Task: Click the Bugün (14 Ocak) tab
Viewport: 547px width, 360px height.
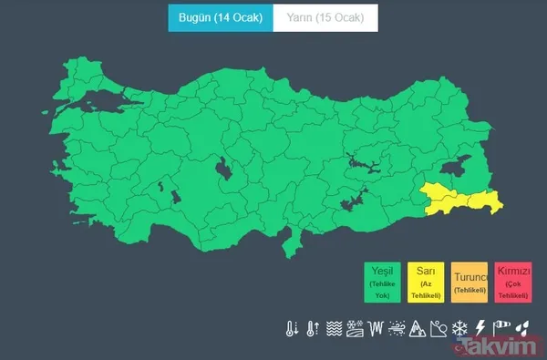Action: click(x=214, y=18)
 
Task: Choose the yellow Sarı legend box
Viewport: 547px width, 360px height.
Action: click(x=426, y=282)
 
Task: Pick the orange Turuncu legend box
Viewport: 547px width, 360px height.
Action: click(x=470, y=282)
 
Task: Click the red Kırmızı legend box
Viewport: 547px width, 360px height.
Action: click(x=513, y=282)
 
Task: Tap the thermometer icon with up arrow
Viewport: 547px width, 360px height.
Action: click(x=313, y=328)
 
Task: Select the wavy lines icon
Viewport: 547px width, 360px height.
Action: click(x=334, y=328)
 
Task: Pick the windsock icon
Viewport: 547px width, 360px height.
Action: click(x=501, y=328)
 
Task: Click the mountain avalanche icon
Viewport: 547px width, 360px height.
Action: click(x=418, y=328)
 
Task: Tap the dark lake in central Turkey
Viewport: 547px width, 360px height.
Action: click(x=221, y=170)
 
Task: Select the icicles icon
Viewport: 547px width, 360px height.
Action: click(x=376, y=328)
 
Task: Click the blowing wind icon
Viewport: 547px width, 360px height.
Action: click(x=397, y=328)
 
